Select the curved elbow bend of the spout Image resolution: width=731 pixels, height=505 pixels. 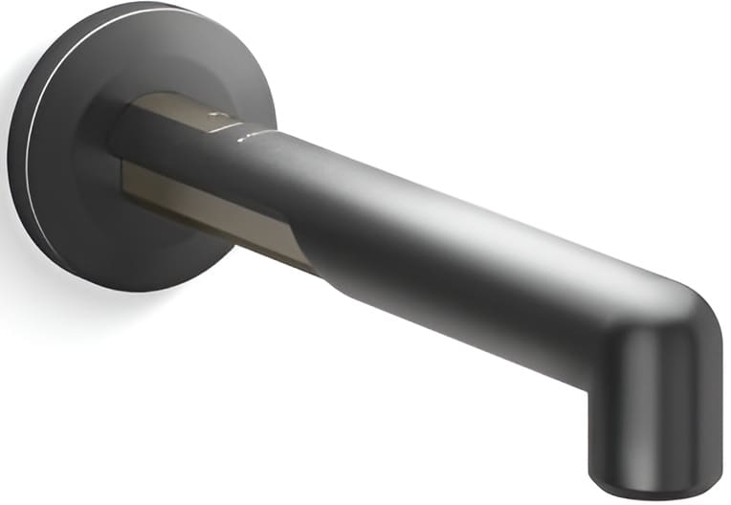point(670,306)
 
